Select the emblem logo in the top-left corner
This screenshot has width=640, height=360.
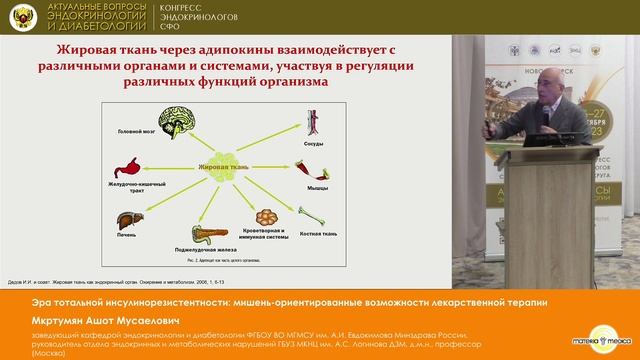click(20, 19)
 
